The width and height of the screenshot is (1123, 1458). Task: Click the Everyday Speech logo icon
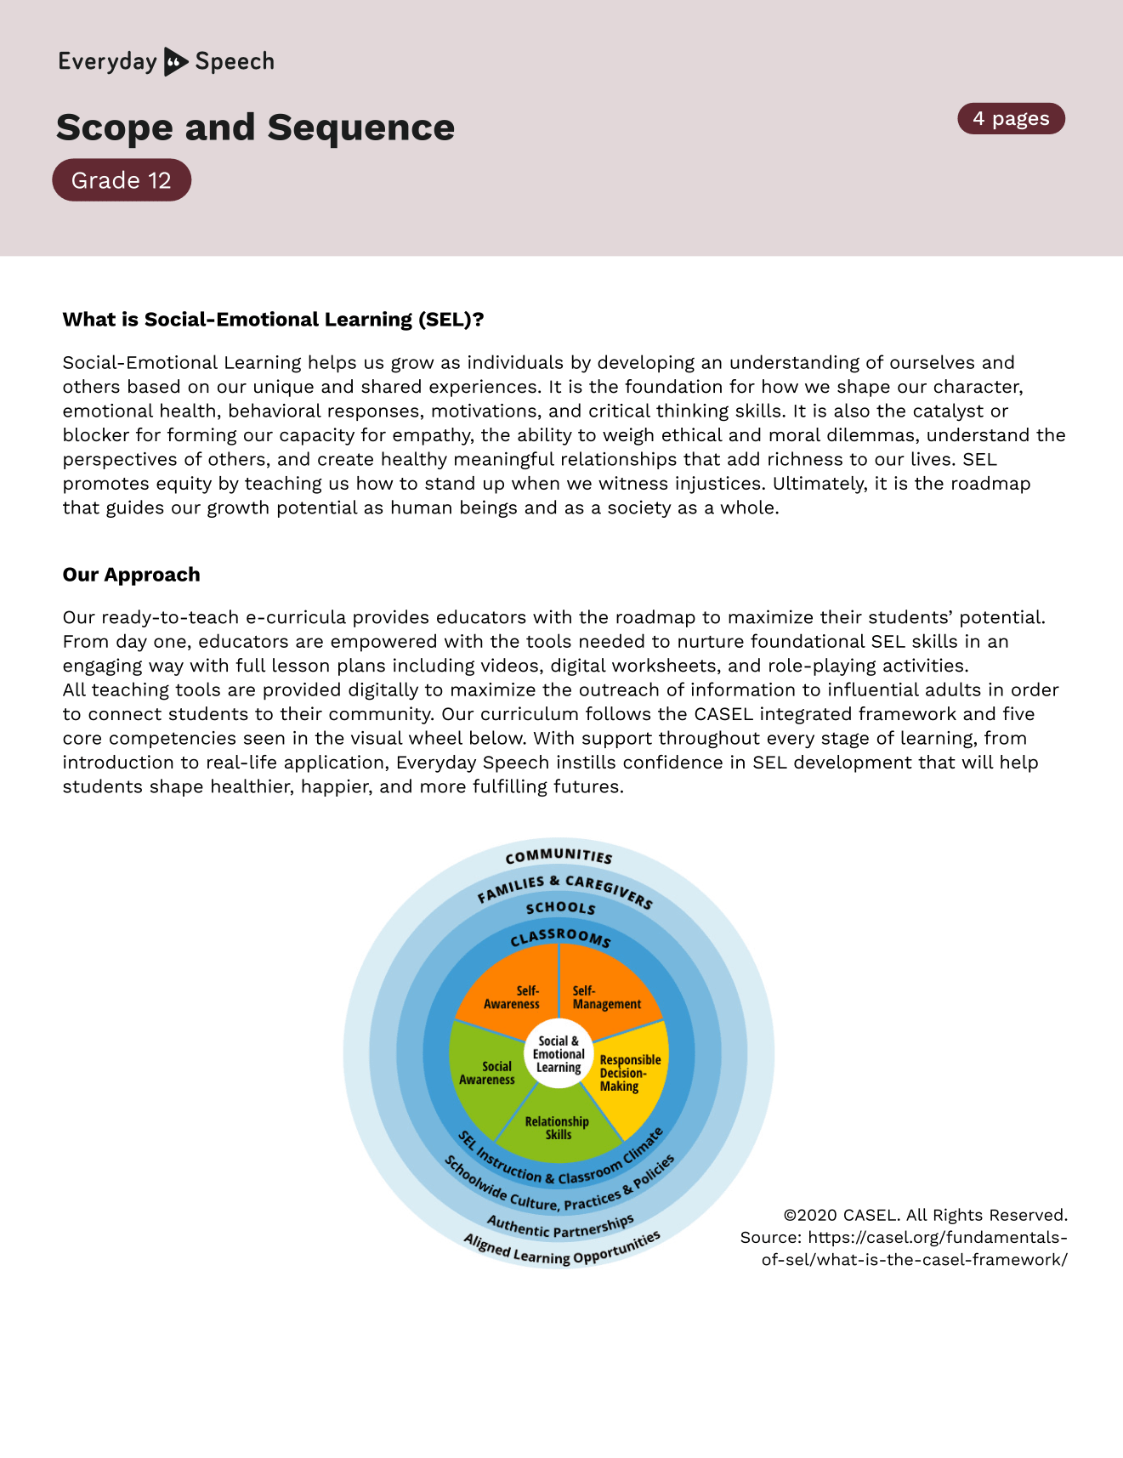click(x=176, y=62)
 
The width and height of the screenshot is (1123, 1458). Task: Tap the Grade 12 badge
click(x=122, y=180)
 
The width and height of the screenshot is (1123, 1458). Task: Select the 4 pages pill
click(x=1011, y=119)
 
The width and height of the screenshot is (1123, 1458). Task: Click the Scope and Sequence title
click(x=255, y=128)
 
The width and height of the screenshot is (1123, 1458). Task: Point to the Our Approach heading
click(x=131, y=575)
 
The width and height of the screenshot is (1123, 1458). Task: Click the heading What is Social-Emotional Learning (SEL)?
click(x=273, y=320)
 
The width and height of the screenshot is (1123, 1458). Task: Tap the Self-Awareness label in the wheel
click(x=513, y=997)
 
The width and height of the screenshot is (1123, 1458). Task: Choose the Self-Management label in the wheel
click(x=606, y=997)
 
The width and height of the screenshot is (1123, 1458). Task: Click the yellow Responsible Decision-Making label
click(x=629, y=1073)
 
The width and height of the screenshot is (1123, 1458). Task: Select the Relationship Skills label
click(x=558, y=1128)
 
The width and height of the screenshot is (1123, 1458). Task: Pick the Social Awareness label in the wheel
click(x=487, y=1073)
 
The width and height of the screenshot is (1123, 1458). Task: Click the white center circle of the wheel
click(x=559, y=1054)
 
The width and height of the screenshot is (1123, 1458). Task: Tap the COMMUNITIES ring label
click(x=559, y=856)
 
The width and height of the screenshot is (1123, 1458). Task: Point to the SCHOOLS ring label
click(x=560, y=908)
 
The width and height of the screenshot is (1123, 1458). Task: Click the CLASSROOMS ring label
click(x=560, y=938)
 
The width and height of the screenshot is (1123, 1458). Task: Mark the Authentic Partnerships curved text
click(x=560, y=1228)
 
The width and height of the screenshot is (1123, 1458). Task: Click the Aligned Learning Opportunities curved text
click(x=561, y=1251)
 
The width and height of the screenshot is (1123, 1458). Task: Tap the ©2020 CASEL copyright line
click(x=925, y=1215)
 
